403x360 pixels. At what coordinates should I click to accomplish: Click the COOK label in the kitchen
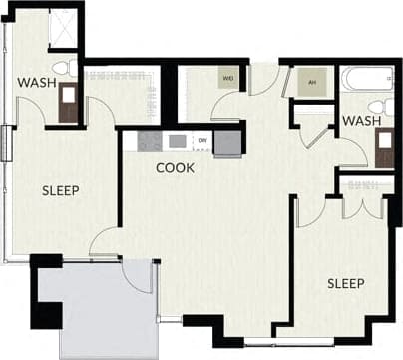tap(175, 168)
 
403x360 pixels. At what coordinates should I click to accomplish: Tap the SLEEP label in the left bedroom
tap(61, 190)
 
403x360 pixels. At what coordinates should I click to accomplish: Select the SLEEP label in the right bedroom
tap(346, 284)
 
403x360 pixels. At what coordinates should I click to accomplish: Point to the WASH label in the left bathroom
tap(36, 84)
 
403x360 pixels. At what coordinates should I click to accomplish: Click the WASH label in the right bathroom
tap(360, 122)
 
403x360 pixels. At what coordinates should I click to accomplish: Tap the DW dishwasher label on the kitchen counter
tap(202, 141)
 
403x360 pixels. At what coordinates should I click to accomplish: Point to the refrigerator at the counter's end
tap(227, 141)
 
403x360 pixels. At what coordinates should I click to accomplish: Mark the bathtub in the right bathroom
tap(367, 80)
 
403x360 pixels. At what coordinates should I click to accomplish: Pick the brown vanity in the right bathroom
tap(383, 145)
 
